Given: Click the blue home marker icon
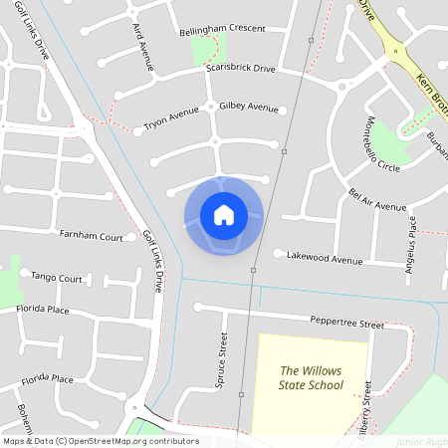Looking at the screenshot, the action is pos(224,214).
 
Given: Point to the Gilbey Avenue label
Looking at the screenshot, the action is pos(249,107).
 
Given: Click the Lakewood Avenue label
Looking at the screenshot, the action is pos(325,259).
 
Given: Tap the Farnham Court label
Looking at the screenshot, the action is pos(92,237).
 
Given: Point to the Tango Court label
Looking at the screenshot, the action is pos(57,278).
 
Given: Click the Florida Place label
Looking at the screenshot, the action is pos(43,310).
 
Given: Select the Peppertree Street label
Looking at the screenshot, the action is pos(346,325).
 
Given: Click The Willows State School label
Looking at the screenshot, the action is pos(311,377).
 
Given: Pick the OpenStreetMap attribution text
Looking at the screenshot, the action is pos(100,440).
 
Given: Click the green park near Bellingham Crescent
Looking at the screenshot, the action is pos(210,48).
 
